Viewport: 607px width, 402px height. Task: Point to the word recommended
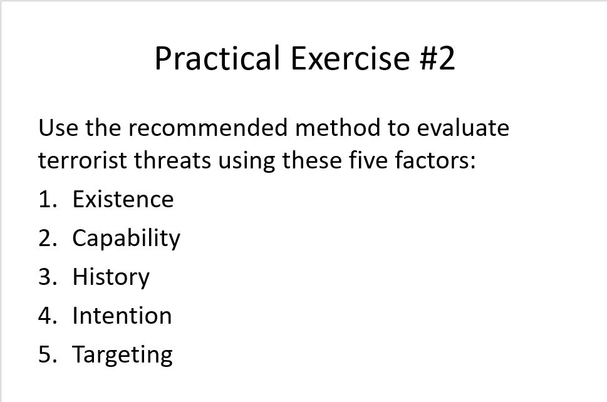click(209, 128)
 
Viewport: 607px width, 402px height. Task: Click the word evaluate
click(463, 128)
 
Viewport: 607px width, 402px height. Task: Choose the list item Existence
click(123, 199)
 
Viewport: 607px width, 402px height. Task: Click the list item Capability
click(126, 239)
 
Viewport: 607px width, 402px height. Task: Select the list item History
click(111, 277)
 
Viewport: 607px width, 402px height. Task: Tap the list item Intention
click(122, 316)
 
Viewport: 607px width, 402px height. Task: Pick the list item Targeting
click(122, 355)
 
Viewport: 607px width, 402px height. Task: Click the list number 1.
click(45, 199)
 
